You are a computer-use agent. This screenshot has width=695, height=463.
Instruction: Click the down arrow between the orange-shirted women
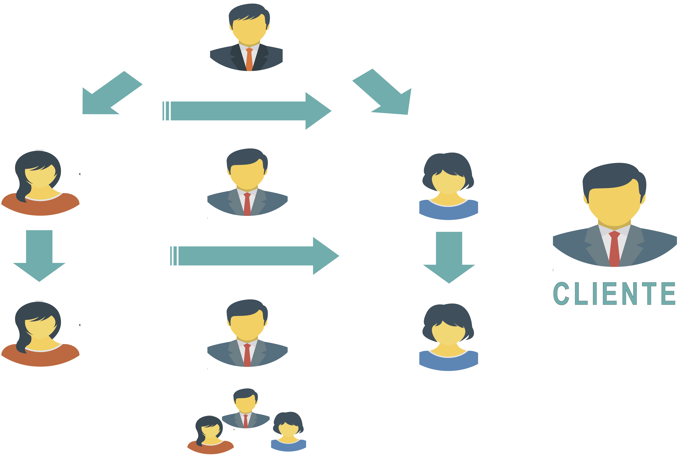click(39, 255)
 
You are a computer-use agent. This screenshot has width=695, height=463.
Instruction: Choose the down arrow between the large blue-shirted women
click(449, 257)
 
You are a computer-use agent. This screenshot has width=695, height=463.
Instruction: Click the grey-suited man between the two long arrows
click(247, 183)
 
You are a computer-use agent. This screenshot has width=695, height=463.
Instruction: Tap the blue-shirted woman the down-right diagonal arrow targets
click(449, 186)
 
